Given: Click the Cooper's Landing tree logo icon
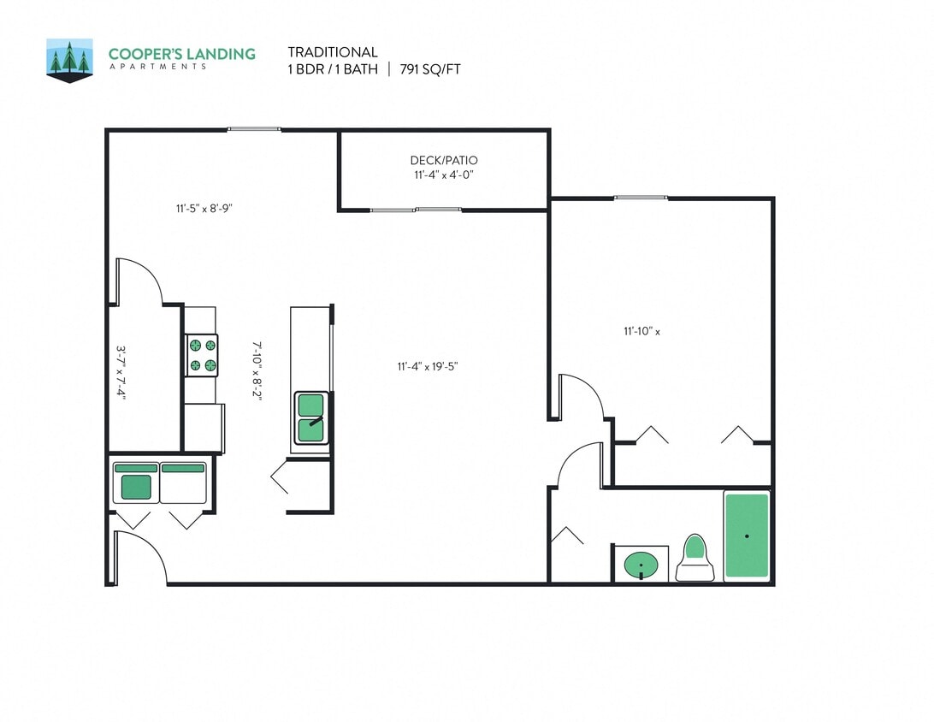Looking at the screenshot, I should click(x=69, y=60).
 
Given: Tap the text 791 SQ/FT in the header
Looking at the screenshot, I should click(x=430, y=69).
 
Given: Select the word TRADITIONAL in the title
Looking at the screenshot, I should click(x=332, y=52).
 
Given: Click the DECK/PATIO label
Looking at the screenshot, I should click(x=443, y=160).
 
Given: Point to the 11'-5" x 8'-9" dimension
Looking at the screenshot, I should click(x=204, y=207).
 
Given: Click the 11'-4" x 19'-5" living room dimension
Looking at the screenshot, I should click(x=428, y=366).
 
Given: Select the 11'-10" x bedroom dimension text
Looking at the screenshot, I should click(x=641, y=331).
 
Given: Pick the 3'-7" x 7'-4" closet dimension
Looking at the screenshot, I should click(x=121, y=373).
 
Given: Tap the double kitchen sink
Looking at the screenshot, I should click(x=311, y=417).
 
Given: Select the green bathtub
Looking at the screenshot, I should click(x=747, y=536).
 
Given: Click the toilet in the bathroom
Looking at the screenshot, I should click(x=695, y=558).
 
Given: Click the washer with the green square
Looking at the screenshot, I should click(x=135, y=483).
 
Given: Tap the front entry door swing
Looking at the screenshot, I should click(x=139, y=557).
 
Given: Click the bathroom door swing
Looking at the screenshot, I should click(x=580, y=465).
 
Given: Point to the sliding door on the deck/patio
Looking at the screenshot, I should click(x=416, y=210).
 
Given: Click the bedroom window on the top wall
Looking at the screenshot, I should click(x=640, y=198).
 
